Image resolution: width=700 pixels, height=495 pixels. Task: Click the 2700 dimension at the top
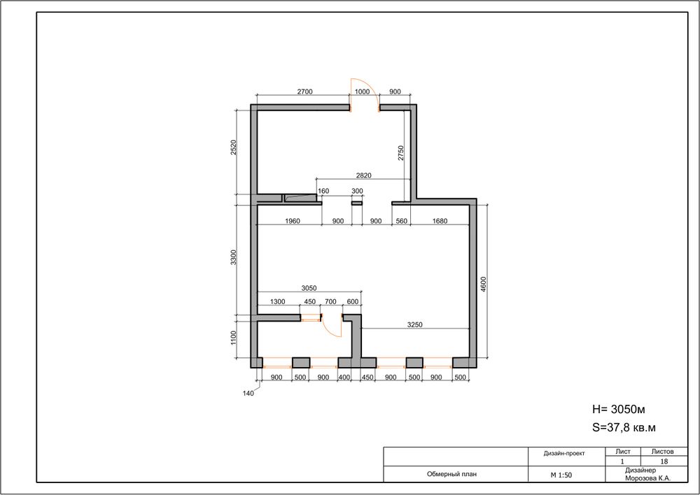click(304, 92)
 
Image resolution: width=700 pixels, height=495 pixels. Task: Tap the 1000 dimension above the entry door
click(362, 92)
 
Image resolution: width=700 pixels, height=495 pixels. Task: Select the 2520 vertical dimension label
click(233, 147)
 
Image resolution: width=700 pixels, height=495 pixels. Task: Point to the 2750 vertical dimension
click(400, 153)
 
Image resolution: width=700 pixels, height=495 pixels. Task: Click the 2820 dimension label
click(363, 175)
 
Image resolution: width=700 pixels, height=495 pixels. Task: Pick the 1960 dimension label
click(293, 221)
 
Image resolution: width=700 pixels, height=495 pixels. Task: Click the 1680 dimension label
click(440, 221)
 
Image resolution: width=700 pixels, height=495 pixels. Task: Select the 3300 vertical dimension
click(233, 258)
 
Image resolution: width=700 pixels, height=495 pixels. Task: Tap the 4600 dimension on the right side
click(484, 285)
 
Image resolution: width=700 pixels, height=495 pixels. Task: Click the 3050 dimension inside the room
click(309, 289)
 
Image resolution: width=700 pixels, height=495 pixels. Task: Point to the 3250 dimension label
click(414, 325)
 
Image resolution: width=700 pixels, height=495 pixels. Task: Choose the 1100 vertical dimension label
click(233, 338)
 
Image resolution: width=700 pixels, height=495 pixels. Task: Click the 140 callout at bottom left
click(248, 394)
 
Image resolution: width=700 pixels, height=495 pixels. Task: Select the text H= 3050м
click(618, 410)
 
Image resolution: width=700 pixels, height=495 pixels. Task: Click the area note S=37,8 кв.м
click(624, 428)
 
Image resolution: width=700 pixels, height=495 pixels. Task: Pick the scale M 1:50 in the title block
click(561, 475)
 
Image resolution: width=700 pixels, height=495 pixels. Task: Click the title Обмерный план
click(451, 474)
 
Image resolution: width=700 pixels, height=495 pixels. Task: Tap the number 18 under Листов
click(664, 461)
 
